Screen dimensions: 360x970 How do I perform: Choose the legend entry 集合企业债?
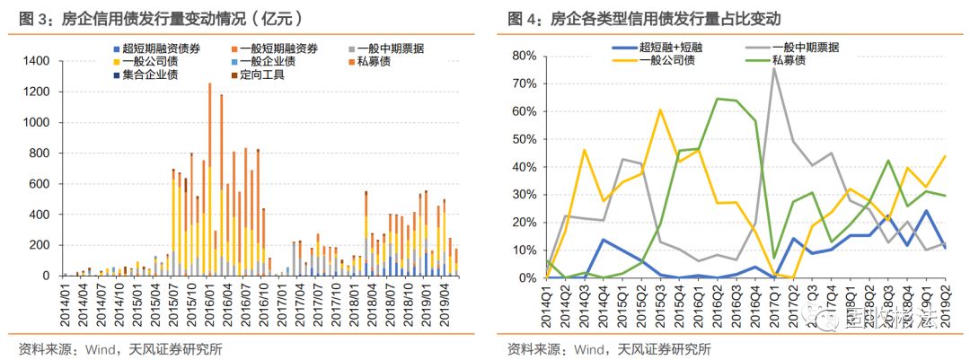[148, 74]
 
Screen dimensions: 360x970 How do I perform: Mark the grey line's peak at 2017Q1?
[774, 68]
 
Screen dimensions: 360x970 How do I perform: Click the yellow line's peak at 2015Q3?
[660, 110]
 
